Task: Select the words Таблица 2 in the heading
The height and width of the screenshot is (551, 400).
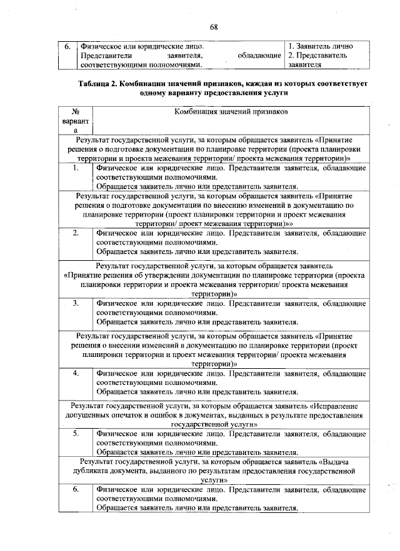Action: click(99, 82)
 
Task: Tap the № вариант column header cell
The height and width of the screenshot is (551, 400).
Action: click(75, 120)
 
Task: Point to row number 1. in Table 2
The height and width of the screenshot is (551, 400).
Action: click(75, 168)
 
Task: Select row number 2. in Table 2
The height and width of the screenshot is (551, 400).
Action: click(75, 233)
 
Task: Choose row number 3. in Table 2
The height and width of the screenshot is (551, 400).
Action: click(75, 303)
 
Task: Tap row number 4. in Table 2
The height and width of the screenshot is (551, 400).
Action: click(75, 373)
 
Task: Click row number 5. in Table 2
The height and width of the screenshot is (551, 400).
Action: click(75, 432)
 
